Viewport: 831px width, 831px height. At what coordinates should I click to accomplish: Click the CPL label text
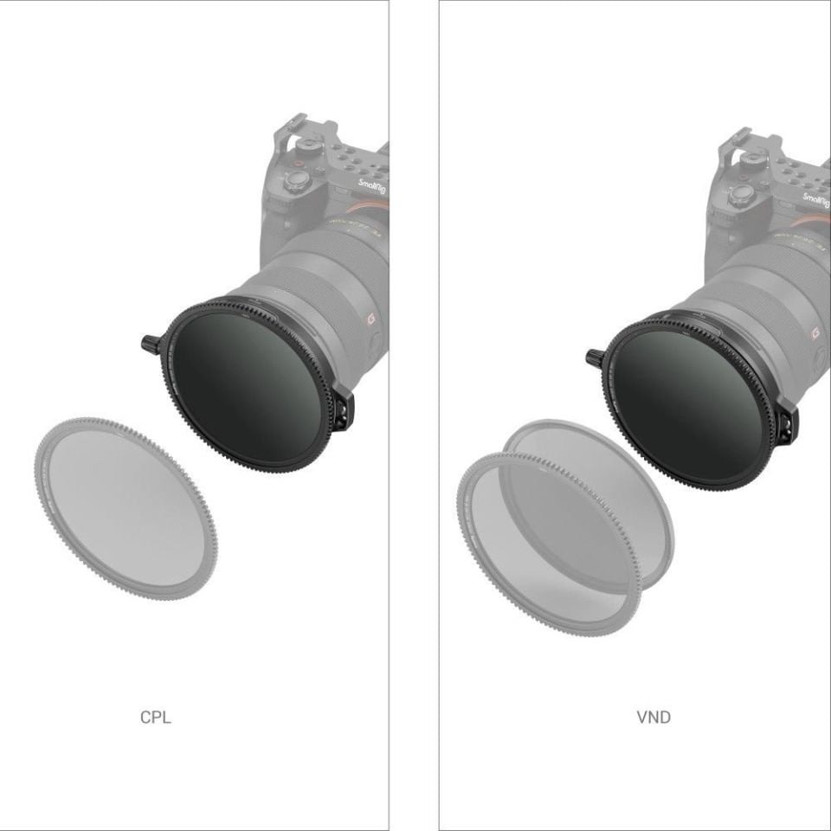click(x=156, y=718)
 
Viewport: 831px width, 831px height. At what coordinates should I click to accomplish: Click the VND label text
click(x=653, y=718)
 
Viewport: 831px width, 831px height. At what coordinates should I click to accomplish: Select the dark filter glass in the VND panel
click(x=692, y=399)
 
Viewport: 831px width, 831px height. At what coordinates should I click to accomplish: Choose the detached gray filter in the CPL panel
click(x=126, y=506)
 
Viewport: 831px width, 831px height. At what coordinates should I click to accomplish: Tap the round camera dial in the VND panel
click(x=741, y=194)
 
